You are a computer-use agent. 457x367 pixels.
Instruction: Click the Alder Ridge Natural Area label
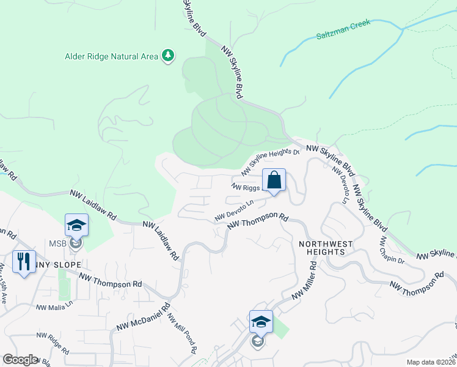tap(111, 56)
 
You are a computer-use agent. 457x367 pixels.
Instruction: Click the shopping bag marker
tap(274, 180)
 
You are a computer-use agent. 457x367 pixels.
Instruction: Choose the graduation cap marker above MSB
tap(76, 225)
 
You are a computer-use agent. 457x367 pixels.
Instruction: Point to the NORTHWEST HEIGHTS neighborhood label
tap(326, 249)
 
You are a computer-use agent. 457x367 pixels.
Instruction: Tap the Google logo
tap(20, 359)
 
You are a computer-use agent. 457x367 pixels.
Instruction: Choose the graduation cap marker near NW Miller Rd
tap(260, 322)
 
